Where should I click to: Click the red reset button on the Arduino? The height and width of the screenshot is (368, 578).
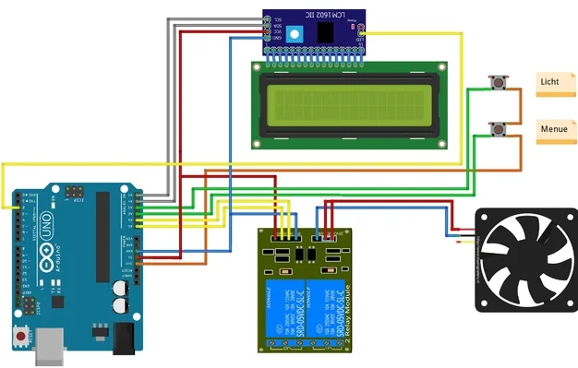[20, 337]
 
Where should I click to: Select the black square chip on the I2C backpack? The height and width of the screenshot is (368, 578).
[325, 31]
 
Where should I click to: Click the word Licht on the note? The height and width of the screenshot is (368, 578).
[549, 82]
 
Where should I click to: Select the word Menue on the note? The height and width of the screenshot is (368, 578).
[554, 129]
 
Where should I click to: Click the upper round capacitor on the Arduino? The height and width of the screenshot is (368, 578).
[120, 289]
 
